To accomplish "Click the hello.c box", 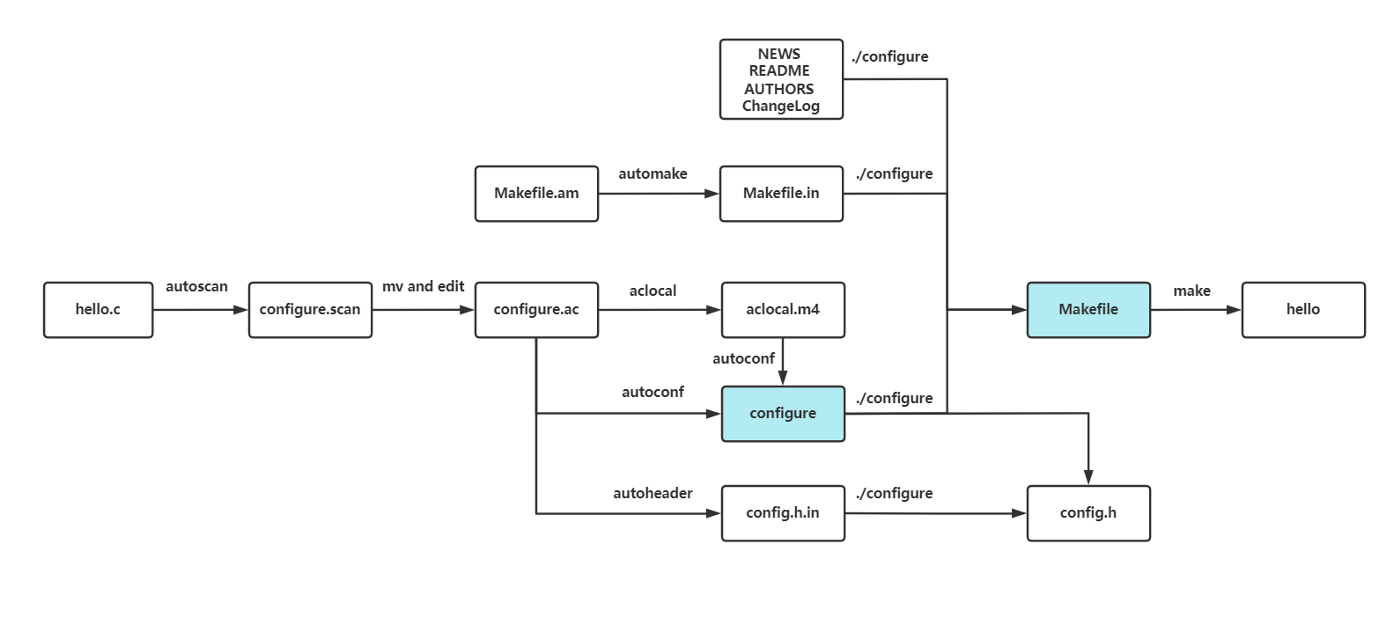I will pyautogui.click(x=98, y=310).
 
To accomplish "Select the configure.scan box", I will pyautogui.click(x=310, y=310).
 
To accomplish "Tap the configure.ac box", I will pyautogui.click(x=536, y=310).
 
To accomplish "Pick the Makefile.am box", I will pyautogui.click(x=536, y=194).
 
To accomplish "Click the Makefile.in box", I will pyautogui.click(x=781, y=194).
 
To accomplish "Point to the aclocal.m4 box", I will pyautogui.click(x=783, y=310).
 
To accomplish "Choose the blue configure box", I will pyautogui.click(x=783, y=414).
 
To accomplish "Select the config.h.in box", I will pyautogui.click(x=783, y=513).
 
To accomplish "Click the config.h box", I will pyautogui.click(x=1088, y=513).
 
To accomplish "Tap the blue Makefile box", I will pyautogui.click(x=1088, y=310).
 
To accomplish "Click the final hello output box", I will pyautogui.click(x=1303, y=310).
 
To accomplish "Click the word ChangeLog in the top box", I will pyautogui.click(x=781, y=107).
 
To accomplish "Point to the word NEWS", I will pyautogui.click(x=779, y=54).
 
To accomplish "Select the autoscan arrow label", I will pyautogui.click(x=196, y=287).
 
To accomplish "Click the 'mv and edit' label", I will pyautogui.click(x=423, y=287).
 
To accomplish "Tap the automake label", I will pyautogui.click(x=652, y=174).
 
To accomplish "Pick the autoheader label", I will pyautogui.click(x=652, y=494).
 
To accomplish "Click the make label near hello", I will pyautogui.click(x=1191, y=291).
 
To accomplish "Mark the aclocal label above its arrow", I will pyautogui.click(x=652, y=291).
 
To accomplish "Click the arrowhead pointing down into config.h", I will pyautogui.click(x=1088, y=478).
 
